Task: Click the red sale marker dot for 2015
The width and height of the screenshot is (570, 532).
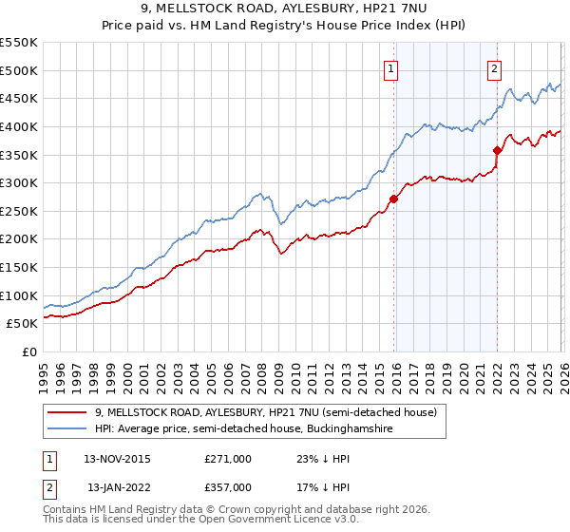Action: pos(393,199)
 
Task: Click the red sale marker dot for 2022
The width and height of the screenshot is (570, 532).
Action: pos(497,150)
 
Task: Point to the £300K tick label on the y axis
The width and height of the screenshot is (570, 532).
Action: pos(19,182)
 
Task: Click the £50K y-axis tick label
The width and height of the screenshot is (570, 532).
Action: pos(23,324)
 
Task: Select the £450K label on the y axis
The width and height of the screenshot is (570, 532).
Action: pos(19,98)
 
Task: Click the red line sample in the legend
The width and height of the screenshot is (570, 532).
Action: pos(68,413)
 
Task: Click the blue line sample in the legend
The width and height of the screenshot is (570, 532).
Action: pos(68,429)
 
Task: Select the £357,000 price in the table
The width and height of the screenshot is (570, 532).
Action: pos(228,487)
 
